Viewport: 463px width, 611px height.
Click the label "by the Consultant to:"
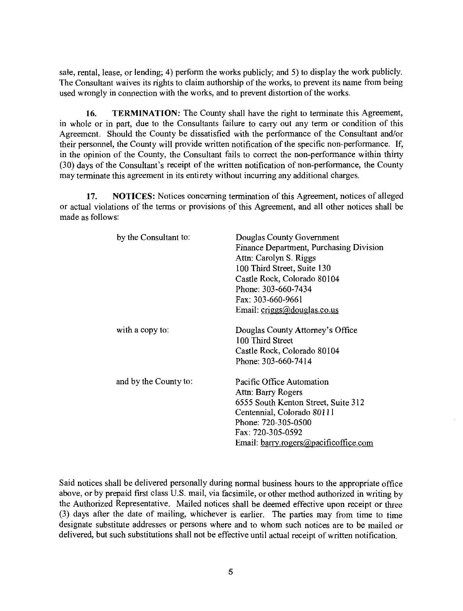153,237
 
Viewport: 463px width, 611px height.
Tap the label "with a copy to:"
143,330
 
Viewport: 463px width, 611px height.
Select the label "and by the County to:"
154,382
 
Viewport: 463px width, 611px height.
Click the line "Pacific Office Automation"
282,382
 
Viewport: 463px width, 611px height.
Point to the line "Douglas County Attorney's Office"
296,330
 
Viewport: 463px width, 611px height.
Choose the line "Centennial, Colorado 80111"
285,413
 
